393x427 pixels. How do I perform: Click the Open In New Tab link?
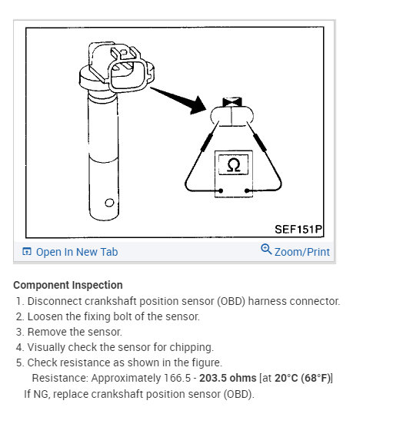[x=77, y=252]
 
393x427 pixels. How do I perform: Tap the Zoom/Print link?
[x=302, y=252]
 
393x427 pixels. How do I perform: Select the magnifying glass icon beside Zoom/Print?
[x=266, y=249]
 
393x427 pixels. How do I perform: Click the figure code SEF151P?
[x=298, y=230]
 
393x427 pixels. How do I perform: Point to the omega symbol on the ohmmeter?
[x=234, y=165]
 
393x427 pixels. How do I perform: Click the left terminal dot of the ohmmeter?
[x=221, y=190]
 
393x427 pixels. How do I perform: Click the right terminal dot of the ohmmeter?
[x=247, y=190]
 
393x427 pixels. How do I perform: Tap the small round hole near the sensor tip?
[x=109, y=203]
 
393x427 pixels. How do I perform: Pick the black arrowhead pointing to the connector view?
[x=198, y=105]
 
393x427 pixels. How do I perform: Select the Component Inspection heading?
[x=68, y=285]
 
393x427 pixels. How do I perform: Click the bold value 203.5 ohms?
[x=228, y=378]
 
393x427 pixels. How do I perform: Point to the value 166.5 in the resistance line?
[x=177, y=378]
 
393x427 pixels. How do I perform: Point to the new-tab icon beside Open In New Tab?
[x=27, y=251]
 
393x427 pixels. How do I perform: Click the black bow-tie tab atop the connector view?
[x=232, y=102]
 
